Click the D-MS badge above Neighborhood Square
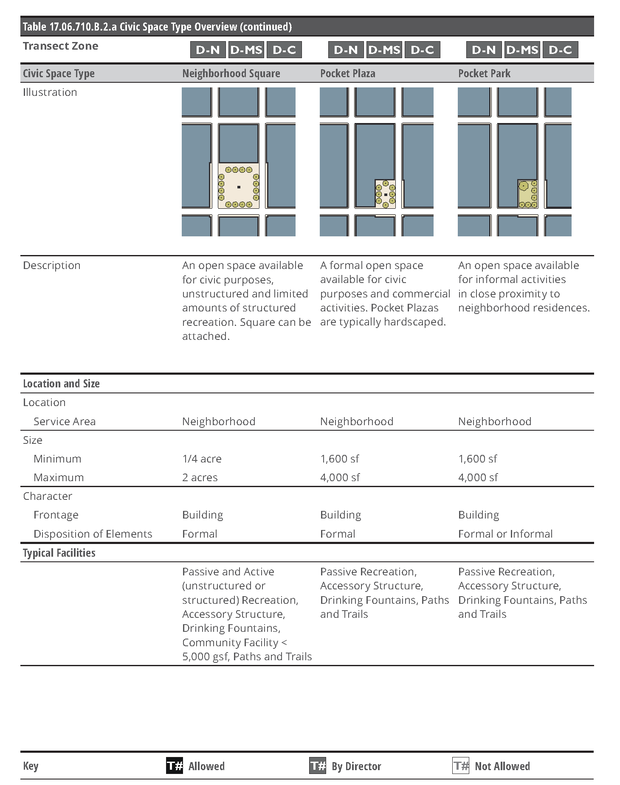(x=246, y=50)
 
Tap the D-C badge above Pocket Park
(x=560, y=50)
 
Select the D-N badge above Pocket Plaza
(x=346, y=50)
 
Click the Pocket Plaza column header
(x=347, y=73)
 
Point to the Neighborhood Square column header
(x=231, y=73)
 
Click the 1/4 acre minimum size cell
(x=202, y=459)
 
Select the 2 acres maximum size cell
(x=200, y=477)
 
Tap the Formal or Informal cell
(x=505, y=534)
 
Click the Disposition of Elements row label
(x=93, y=534)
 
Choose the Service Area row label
(x=65, y=421)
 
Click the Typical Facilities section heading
(x=59, y=553)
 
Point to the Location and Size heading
(x=61, y=384)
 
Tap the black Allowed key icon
(x=175, y=766)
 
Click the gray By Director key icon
(x=318, y=766)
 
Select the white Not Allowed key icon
(x=461, y=766)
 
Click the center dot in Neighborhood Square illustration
(x=239, y=187)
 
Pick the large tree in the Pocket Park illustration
(x=524, y=186)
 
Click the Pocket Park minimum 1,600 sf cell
(x=477, y=459)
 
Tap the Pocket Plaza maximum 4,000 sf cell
(x=340, y=477)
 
